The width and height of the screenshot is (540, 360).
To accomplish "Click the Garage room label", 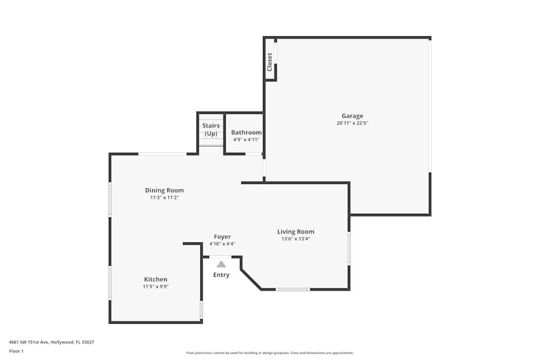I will (352, 116).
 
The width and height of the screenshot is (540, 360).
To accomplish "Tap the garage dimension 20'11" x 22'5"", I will (352, 123).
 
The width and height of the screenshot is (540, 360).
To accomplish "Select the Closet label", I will (269, 62).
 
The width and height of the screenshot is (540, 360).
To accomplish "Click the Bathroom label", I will (246, 132).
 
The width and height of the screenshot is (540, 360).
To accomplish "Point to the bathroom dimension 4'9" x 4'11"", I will (246, 140).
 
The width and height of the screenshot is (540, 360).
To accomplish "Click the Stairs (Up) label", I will (211, 130).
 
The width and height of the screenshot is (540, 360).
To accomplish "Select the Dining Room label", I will (164, 190).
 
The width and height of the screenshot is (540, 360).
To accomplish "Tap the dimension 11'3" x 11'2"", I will (164, 198).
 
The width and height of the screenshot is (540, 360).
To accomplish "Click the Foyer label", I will (222, 236).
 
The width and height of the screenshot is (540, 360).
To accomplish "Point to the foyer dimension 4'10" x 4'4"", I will (222, 244).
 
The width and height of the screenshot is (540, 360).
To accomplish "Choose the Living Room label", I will (295, 232).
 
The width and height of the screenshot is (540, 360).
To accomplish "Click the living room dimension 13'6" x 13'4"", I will (295, 239).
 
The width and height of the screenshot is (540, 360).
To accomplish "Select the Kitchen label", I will (155, 279).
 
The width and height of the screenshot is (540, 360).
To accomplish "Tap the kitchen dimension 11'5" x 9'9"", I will (155, 287).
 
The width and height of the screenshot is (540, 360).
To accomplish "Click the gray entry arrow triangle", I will (221, 264).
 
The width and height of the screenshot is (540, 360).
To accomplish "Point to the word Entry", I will (221, 275).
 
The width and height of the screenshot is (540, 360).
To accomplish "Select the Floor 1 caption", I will (16, 351).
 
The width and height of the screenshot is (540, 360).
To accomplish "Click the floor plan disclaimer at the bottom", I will (269, 352).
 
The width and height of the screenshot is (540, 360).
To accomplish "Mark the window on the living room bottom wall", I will (293, 289).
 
